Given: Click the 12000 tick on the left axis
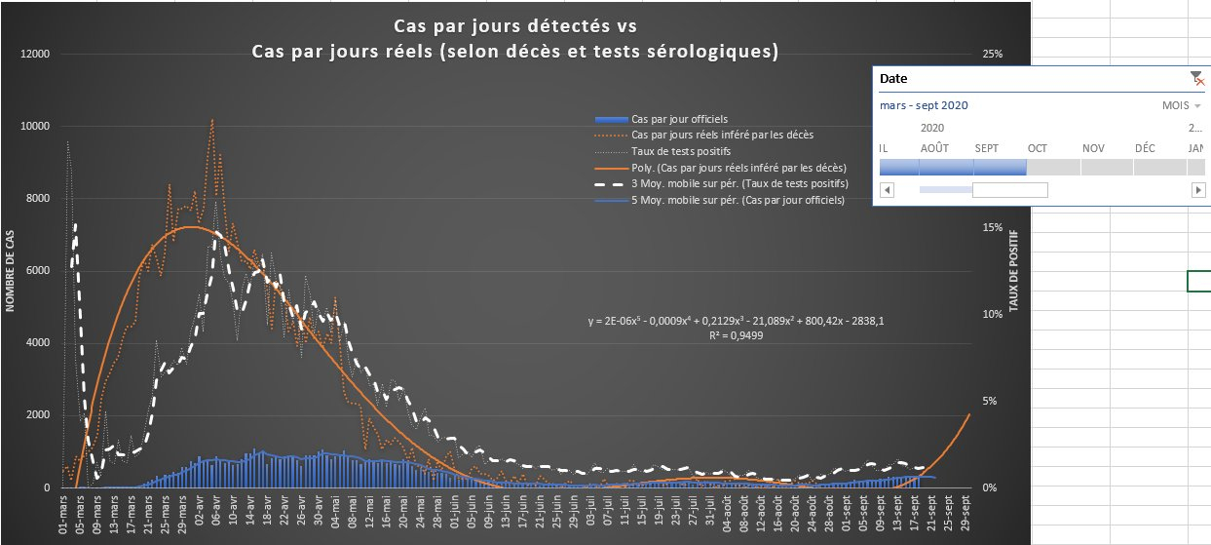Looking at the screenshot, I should [x=34, y=54].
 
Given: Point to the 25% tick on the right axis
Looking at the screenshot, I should [x=992, y=54].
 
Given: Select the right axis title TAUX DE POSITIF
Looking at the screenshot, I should [x=1014, y=271].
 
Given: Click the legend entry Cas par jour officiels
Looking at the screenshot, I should [x=679, y=118].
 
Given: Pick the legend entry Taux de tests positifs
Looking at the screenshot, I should [x=680, y=151].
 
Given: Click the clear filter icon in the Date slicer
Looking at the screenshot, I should [x=1197, y=78].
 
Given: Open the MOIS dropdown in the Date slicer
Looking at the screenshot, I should [x=1182, y=105].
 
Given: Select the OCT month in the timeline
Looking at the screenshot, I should [x=1037, y=148].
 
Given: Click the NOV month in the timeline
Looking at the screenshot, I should [x=1092, y=148].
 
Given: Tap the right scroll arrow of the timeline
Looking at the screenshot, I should [x=1198, y=189].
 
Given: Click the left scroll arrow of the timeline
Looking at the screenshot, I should [x=887, y=189].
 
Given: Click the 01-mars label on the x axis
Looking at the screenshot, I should [x=63, y=517].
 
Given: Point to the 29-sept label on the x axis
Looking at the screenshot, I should [x=965, y=517].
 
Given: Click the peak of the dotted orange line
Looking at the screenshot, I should [x=212, y=120].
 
